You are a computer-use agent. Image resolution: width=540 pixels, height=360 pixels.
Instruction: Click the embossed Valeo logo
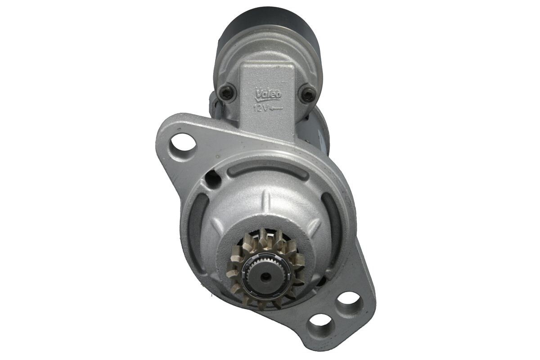click(268, 94)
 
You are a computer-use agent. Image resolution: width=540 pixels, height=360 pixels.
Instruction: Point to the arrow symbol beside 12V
click(276, 109)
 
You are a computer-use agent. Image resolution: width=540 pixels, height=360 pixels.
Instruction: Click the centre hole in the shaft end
click(265, 277)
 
